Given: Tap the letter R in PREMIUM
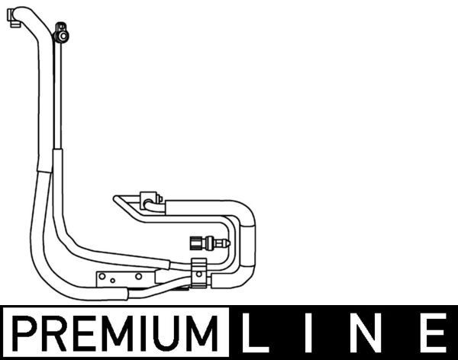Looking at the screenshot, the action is pyautogui.click(x=53, y=333).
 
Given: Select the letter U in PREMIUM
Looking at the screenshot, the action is pyautogui.click(x=166, y=333).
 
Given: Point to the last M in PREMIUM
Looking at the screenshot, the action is pyautogui.click(x=200, y=333).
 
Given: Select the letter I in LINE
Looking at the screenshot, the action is pyautogui.click(x=308, y=333).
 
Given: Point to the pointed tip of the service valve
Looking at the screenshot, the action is pyautogui.click(x=229, y=243).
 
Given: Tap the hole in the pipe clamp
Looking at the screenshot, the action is pyautogui.click(x=199, y=274).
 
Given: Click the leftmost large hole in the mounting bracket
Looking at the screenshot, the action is pyautogui.click(x=102, y=276).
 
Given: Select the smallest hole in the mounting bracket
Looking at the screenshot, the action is pyautogui.click(x=112, y=281).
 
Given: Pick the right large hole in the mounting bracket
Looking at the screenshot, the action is pyautogui.click(x=139, y=276).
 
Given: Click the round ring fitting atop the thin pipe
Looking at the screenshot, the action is pyautogui.click(x=62, y=36).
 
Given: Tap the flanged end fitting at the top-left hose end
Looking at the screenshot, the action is pyautogui.click(x=13, y=18).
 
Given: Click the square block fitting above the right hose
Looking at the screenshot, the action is pyautogui.click(x=149, y=201).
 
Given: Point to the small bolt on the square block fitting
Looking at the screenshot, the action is pyautogui.click(x=160, y=199).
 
